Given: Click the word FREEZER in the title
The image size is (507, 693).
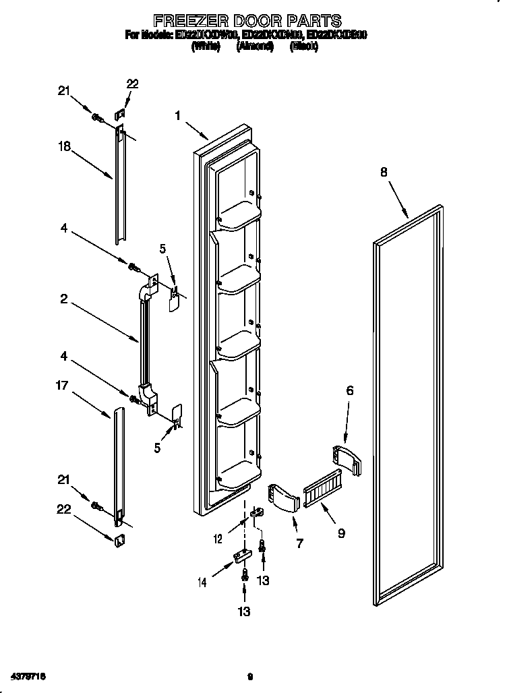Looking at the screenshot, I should click(180, 22).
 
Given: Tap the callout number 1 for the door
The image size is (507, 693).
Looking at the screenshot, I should click(178, 116).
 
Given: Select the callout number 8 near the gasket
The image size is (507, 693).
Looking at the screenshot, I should click(384, 173).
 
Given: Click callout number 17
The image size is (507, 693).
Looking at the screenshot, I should click(63, 386).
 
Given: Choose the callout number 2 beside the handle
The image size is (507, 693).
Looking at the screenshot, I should click(63, 299).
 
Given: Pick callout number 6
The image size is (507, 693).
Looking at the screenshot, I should click(350, 390).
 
